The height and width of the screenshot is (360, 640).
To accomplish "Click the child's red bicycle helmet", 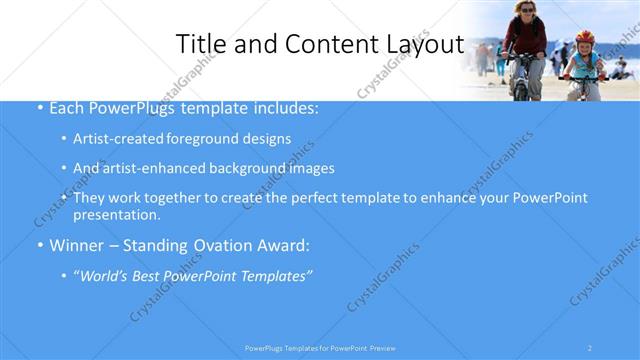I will [x=584, y=38].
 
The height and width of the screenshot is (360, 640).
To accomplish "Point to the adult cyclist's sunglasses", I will [x=526, y=8].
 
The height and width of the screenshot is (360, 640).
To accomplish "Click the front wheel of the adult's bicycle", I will [x=520, y=88].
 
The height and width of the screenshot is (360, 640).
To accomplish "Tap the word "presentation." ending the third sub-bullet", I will [x=116, y=214].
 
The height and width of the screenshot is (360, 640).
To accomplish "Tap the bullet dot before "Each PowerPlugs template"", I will [x=39, y=108].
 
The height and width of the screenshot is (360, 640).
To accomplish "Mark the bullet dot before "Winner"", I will [x=39, y=245].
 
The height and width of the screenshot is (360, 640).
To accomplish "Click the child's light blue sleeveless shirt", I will [x=583, y=63].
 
